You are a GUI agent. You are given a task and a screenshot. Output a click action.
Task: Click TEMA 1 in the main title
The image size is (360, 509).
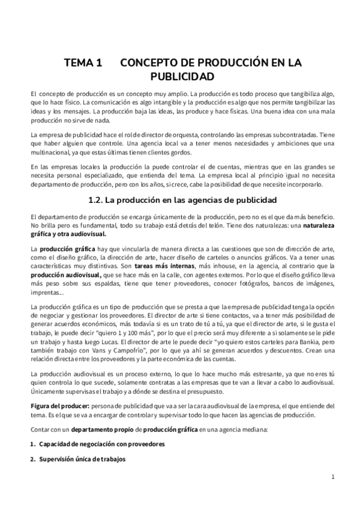[x=83, y=62]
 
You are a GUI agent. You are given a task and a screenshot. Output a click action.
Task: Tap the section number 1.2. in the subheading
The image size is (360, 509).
[x=98, y=199]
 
